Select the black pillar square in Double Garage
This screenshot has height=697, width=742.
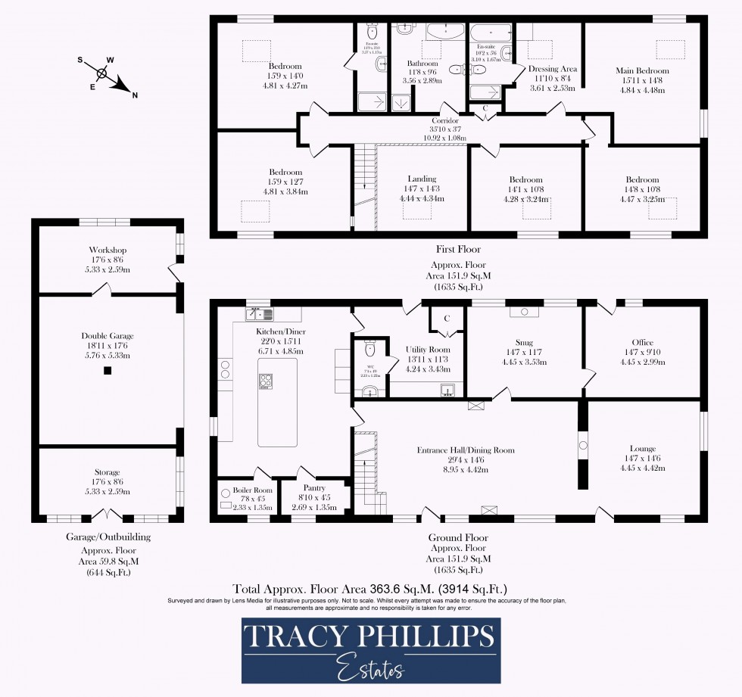click(x=108, y=371)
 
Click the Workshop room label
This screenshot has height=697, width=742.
click(x=108, y=250)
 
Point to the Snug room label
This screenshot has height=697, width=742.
click(x=525, y=342)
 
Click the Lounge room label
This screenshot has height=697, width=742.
click(x=642, y=449)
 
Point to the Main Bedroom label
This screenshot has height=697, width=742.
click(x=642, y=71)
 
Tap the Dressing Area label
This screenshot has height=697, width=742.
click(x=553, y=69)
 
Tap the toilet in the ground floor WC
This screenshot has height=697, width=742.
click(x=370, y=348)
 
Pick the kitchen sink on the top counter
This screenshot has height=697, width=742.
click(x=257, y=313)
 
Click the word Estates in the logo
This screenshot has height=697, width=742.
click(x=370, y=669)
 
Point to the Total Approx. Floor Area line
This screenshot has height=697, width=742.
click(x=369, y=588)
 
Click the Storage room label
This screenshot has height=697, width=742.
click(x=108, y=472)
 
